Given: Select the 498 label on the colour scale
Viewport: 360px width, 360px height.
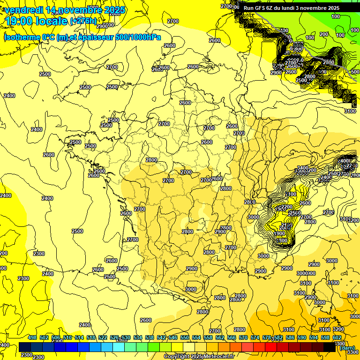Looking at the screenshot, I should [32, 337].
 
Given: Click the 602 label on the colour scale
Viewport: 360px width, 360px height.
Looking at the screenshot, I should [337, 337].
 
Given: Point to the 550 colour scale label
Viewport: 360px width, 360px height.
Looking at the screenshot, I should [185, 337].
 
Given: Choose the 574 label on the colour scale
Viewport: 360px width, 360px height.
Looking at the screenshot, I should [255, 337].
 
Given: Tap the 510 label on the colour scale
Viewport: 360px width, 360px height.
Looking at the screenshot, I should [67, 337].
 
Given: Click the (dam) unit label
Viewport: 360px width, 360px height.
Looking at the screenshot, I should [347, 347].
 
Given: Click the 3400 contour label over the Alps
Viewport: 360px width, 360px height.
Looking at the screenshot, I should [303, 168].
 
